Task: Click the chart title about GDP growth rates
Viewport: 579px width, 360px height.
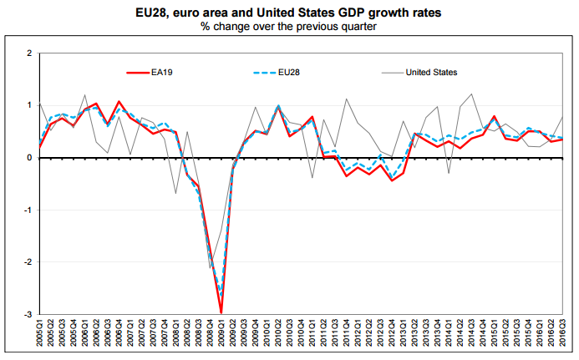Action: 289,12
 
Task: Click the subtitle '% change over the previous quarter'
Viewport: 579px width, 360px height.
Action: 289,26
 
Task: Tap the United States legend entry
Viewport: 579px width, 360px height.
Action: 431,73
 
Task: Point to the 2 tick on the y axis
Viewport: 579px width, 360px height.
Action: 30,53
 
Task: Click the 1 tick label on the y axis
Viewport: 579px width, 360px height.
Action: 30,105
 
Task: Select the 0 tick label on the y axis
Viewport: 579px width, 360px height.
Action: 30,158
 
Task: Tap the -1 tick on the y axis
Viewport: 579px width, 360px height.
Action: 28,210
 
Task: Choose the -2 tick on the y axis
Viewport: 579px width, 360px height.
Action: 28,262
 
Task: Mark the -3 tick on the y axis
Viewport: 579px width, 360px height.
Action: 28,314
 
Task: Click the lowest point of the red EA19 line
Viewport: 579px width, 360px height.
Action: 221,312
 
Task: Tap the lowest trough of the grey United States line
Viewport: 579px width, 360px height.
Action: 210,268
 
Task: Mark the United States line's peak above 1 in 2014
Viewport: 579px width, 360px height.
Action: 472,94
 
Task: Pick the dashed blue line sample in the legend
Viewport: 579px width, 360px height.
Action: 264,73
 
